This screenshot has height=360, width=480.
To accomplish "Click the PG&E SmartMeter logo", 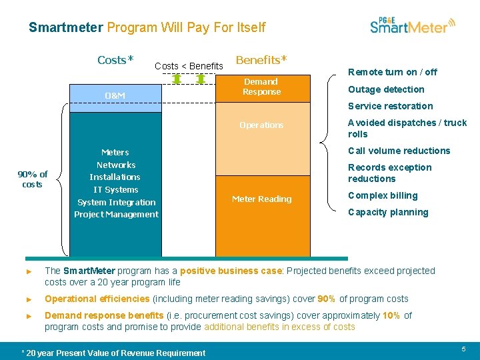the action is (x=413, y=25).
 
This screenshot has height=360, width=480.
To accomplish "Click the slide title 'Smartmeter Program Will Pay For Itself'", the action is (x=147, y=27).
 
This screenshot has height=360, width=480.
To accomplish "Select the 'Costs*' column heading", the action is (x=115, y=60).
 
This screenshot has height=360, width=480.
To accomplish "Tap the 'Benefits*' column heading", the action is (x=261, y=59).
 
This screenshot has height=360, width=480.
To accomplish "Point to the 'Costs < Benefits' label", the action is (x=189, y=66).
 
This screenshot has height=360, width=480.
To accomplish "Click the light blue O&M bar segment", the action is (x=115, y=96).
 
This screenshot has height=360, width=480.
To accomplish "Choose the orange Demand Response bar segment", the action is (x=262, y=87).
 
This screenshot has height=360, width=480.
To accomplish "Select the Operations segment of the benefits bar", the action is (x=262, y=125).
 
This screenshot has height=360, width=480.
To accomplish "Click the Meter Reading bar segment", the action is (x=262, y=199).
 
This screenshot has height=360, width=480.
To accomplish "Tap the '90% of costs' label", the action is (x=33, y=179).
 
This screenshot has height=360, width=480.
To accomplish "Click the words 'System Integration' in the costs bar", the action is (x=117, y=202).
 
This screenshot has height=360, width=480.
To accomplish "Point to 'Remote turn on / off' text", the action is (x=393, y=72).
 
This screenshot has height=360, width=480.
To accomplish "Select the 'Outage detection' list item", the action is (x=386, y=89).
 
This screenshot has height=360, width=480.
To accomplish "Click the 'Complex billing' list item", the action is (x=383, y=195).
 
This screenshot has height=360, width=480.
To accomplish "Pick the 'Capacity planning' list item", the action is (x=388, y=212).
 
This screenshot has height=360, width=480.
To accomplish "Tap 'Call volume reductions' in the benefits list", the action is (x=399, y=151).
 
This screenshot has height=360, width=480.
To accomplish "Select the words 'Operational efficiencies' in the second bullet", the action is (x=97, y=299).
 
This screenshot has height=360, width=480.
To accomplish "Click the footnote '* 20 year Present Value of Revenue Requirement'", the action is (x=113, y=353).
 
